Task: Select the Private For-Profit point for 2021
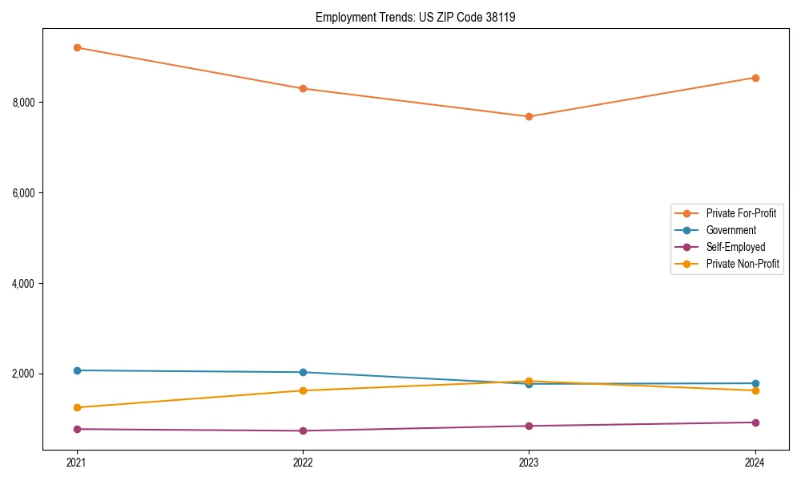click(x=77, y=47)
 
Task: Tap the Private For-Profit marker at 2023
click(x=529, y=116)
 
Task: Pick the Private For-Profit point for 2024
click(x=755, y=78)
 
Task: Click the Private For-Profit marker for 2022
click(x=303, y=88)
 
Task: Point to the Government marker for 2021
click(x=77, y=370)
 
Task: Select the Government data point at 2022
click(x=303, y=372)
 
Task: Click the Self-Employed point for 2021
click(x=77, y=429)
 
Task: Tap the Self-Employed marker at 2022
click(x=303, y=430)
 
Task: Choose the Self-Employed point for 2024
click(x=755, y=422)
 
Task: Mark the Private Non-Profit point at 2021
click(x=77, y=407)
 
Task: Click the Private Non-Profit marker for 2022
click(x=303, y=390)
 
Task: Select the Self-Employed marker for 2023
click(x=529, y=426)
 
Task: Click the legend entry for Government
click(x=731, y=230)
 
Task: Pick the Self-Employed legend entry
click(x=735, y=247)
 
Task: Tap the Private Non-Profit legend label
click(x=743, y=264)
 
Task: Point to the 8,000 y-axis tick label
click(x=24, y=103)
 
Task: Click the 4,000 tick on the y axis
click(x=24, y=284)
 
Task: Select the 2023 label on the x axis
click(x=529, y=463)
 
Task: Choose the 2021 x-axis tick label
click(x=77, y=463)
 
